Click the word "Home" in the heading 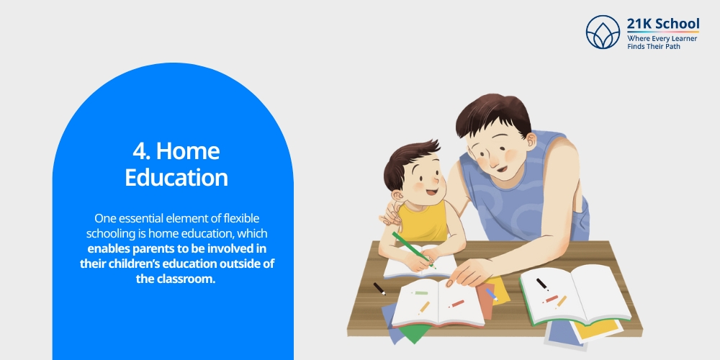(x=188, y=152)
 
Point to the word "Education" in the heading (x=176, y=177)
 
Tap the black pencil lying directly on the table (x=379, y=288)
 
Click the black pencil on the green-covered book (x=541, y=284)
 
